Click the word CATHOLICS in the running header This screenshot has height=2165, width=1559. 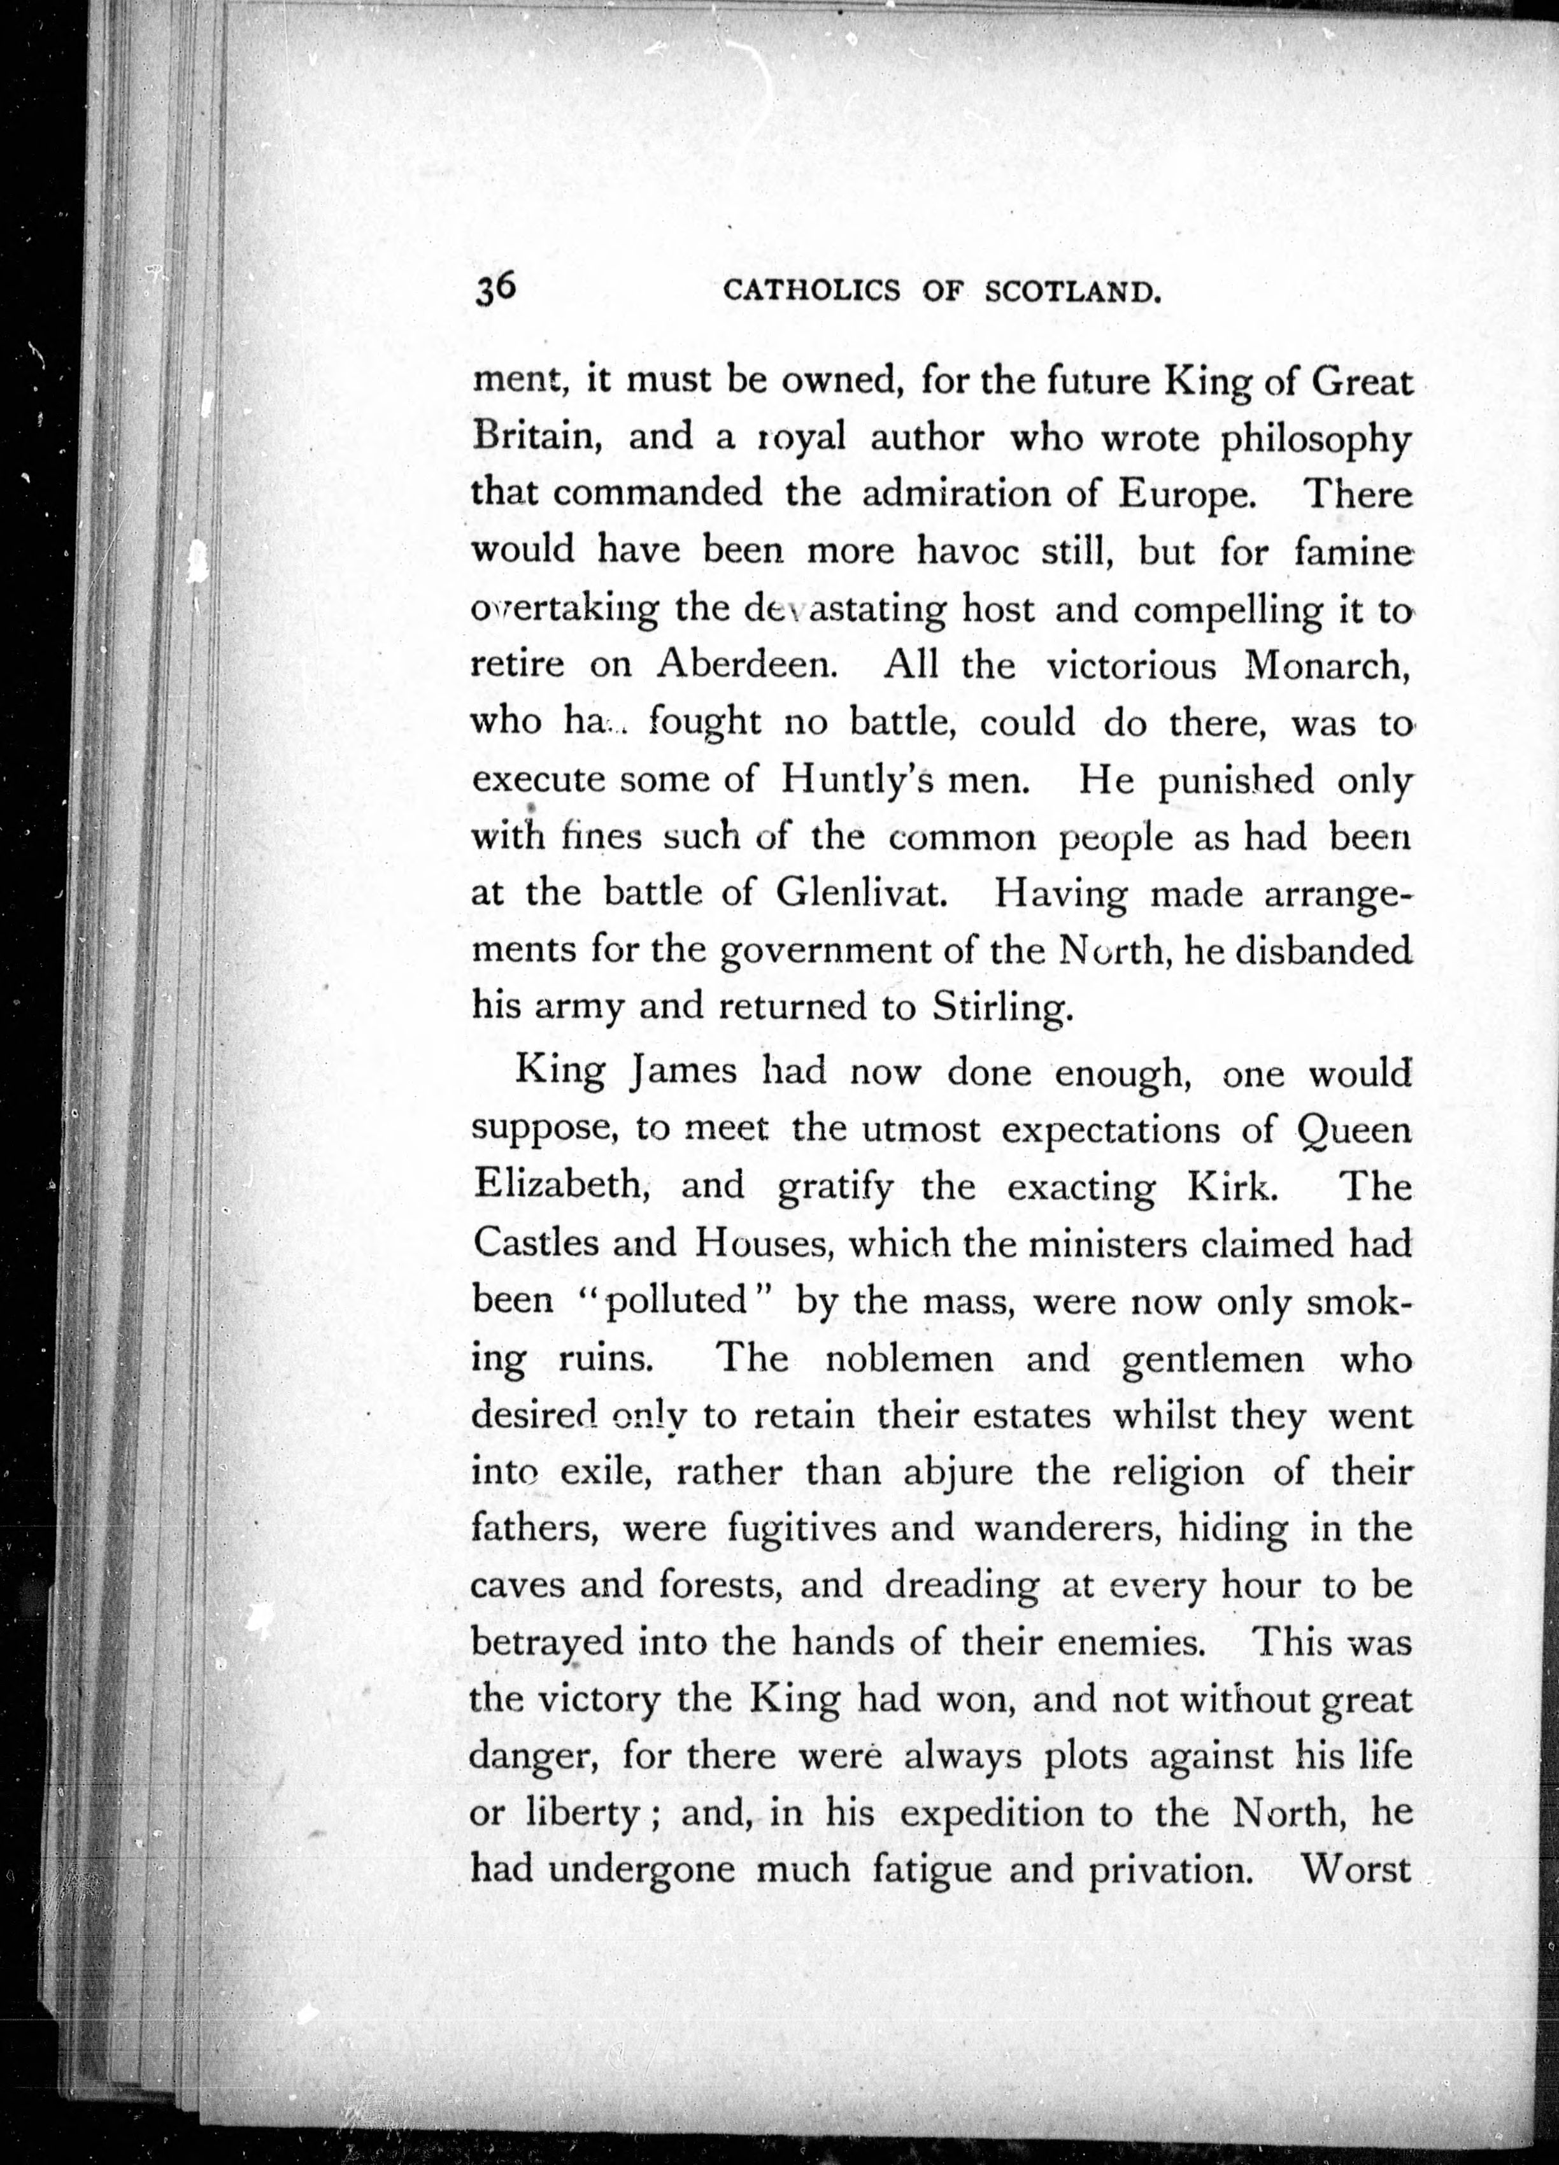pos(811,290)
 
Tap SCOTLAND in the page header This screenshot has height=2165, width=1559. pos(1073,290)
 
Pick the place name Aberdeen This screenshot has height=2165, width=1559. pos(746,665)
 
